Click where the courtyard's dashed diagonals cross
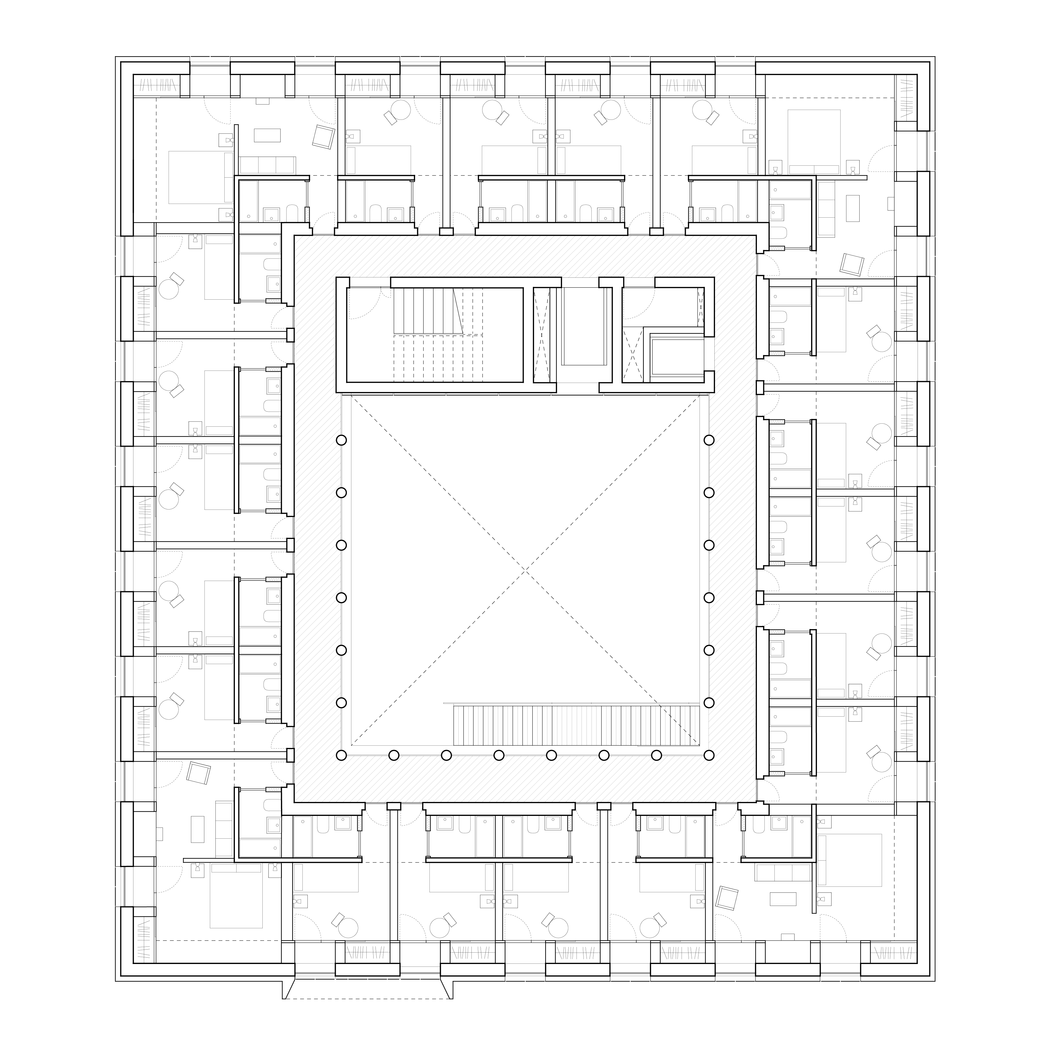coord(525,570)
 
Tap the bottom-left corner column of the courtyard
coord(341,755)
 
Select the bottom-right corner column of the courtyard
coord(709,755)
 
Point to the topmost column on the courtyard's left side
coord(341,440)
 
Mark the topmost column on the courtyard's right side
coord(709,440)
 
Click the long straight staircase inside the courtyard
coord(577,725)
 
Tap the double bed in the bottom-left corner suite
coord(236,903)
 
